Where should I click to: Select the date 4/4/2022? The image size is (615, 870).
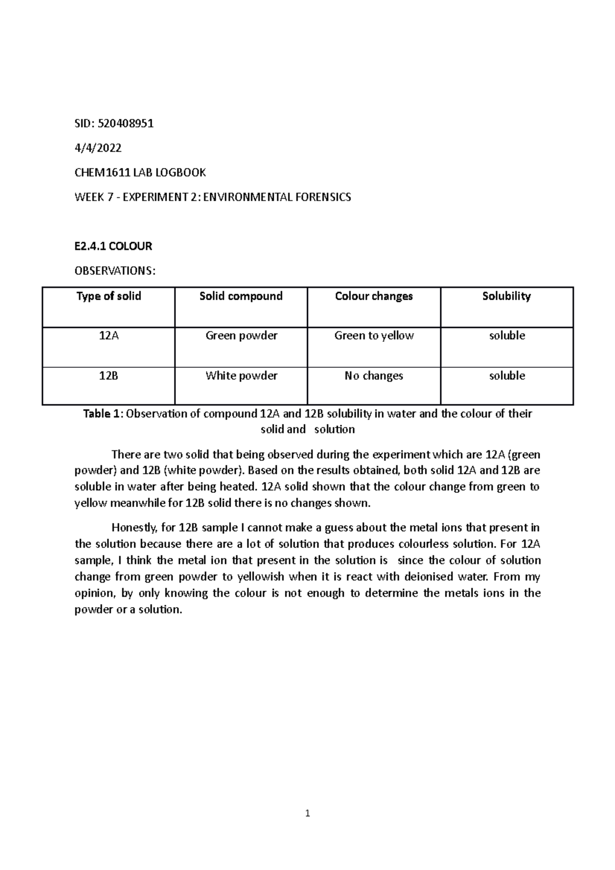pyautogui.click(x=98, y=148)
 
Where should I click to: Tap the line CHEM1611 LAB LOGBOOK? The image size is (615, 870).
pyautogui.click(x=140, y=173)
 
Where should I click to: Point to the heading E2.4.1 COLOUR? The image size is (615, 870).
pyautogui.click(x=113, y=246)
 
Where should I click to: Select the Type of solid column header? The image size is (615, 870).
pyautogui.click(x=109, y=296)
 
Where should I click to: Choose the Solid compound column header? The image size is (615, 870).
pyautogui.click(x=241, y=296)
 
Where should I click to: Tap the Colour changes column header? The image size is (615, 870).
pyautogui.click(x=374, y=296)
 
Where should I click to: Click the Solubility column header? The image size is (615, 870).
pyautogui.click(x=506, y=296)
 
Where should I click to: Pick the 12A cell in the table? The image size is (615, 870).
pyautogui.click(x=109, y=336)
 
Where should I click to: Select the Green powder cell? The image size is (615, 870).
pyautogui.click(x=241, y=336)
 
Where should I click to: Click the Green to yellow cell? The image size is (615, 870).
pyautogui.click(x=374, y=336)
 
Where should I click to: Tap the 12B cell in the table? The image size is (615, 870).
pyautogui.click(x=109, y=376)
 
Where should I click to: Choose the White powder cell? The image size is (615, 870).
pyautogui.click(x=241, y=376)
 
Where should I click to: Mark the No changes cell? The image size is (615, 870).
pyautogui.click(x=374, y=376)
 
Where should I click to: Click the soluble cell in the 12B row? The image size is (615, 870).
pyautogui.click(x=507, y=376)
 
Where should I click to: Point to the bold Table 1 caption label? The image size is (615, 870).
pyautogui.click(x=103, y=414)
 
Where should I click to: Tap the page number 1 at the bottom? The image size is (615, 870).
pyautogui.click(x=307, y=813)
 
